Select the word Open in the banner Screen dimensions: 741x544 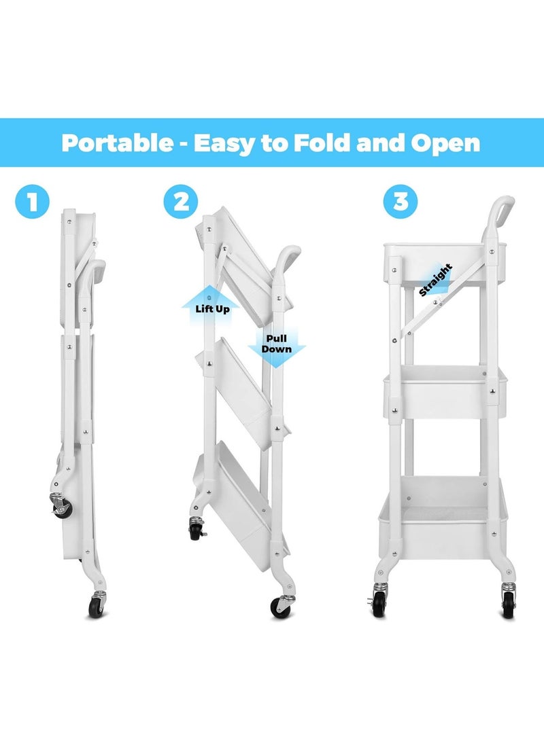pyautogui.click(x=446, y=143)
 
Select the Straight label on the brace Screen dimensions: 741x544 pyautogui.click(x=435, y=280)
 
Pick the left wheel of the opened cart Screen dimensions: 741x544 pyautogui.click(x=378, y=602)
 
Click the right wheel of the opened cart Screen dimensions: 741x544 pyautogui.click(x=509, y=602)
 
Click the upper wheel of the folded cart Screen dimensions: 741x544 pyautogui.click(x=60, y=506)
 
